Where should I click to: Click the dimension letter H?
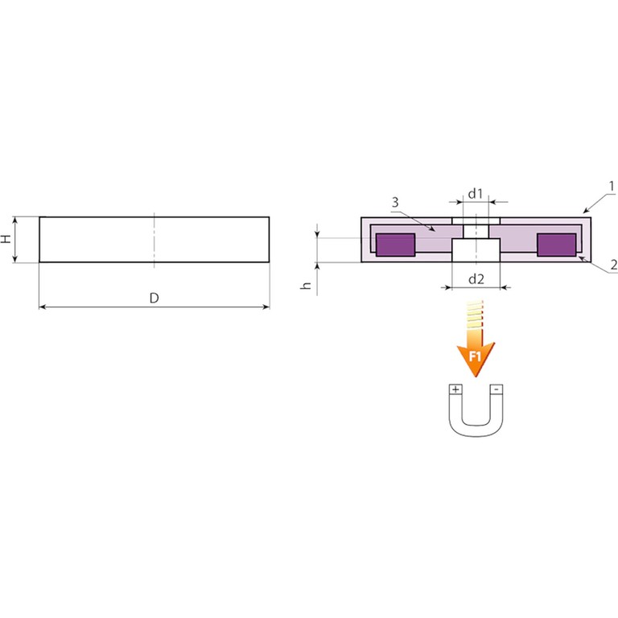pos(6,239)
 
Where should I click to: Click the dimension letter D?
pos(154,298)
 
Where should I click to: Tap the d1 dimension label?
pos(476,193)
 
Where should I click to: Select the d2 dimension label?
pos(476,278)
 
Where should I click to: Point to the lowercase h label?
pos(306,286)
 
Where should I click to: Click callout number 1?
pos(612,186)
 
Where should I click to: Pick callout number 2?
pos(614,265)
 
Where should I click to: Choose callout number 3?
pos(395,203)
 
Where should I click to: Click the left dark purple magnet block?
pos(396,245)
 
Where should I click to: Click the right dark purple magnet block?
pos(557,245)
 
